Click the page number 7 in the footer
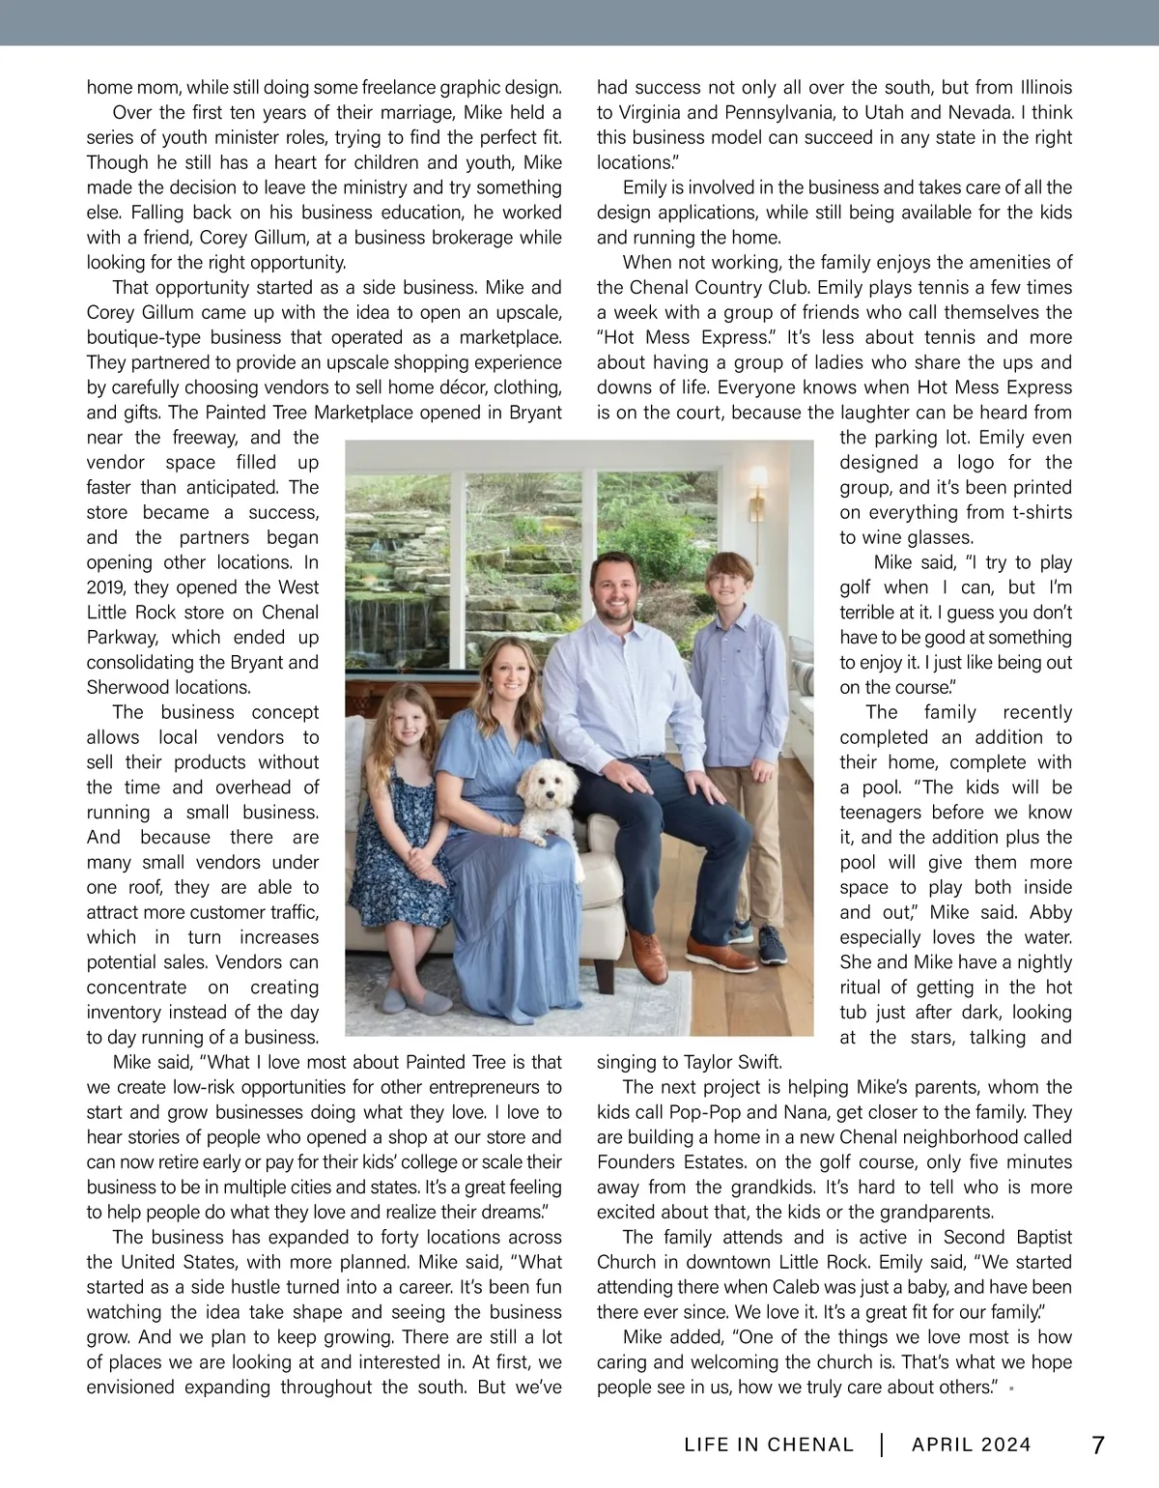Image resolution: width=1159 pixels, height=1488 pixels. (1098, 1445)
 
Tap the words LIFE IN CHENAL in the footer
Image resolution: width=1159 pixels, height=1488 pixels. (769, 1445)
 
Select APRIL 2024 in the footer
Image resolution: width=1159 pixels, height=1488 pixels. (971, 1445)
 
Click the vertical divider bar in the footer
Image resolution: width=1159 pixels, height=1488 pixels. (882, 1445)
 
